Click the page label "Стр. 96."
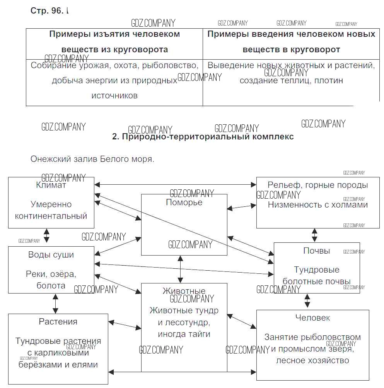[x=46, y=11]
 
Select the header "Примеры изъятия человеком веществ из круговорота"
[x=114, y=42]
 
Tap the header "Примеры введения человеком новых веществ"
[x=291, y=42]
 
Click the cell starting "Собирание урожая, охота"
[x=114, y=80]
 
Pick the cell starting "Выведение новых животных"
[x=291, y=73]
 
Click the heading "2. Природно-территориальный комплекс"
[x=203, y=137]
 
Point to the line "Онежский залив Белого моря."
[x=92, y=159]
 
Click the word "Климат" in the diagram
[x=51, y=185]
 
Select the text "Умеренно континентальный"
[x=51, y=210]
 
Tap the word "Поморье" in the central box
[x=184, y=202]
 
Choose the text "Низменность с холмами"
[x=317, y=205]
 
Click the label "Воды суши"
[x=51, y=255]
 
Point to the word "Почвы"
[x=316, y=251]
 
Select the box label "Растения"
[x=58, y=321]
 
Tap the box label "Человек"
[x=312, y=318]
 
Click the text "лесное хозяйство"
[x=312, y=361]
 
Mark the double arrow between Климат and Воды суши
[x=47, y=235]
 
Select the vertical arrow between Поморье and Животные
[x=180, y=269]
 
